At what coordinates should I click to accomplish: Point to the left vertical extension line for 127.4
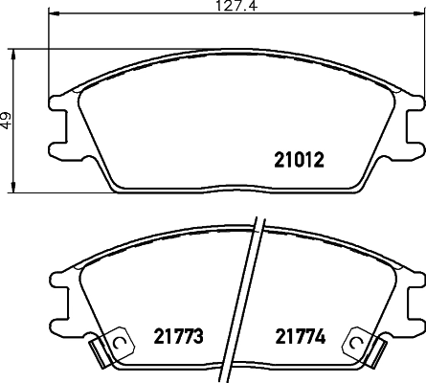[48, 57]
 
